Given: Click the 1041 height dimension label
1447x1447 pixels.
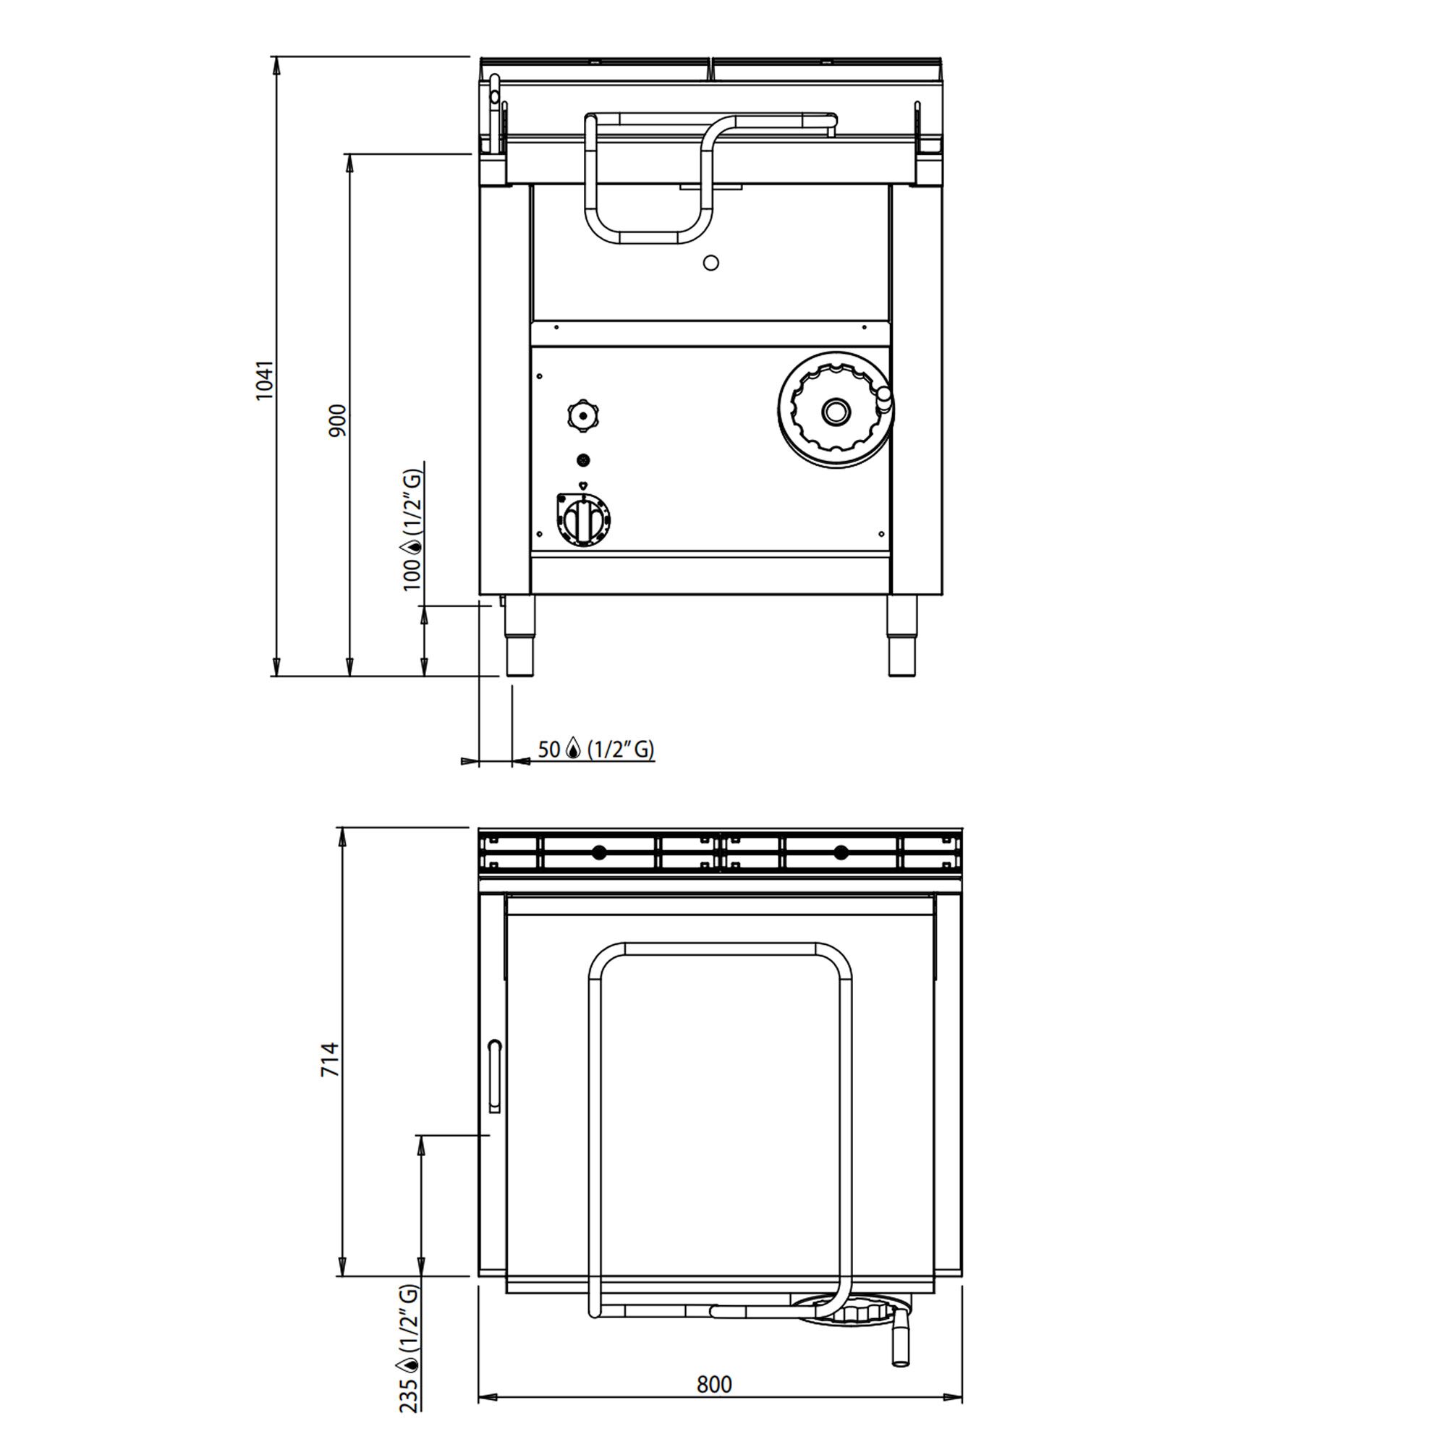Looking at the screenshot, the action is pyautogui.click(x=265, y=381).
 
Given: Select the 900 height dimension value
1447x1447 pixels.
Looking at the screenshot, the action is pyautogui.click(x=338, y=421).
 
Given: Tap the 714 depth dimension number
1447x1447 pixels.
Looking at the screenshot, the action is pyautogui.click(x=331, y=1060).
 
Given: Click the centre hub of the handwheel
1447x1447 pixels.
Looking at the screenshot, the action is pyautogui.click(x=833, y=410).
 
